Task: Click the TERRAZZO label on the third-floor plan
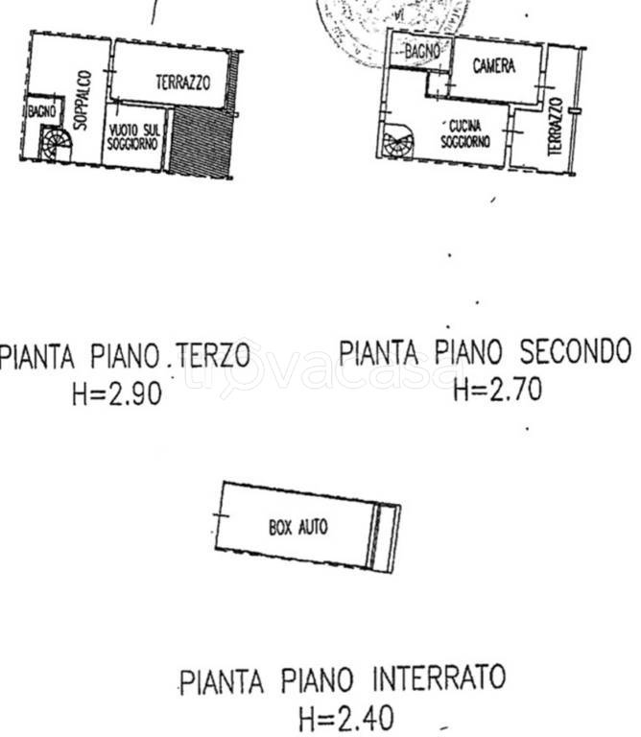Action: pos(182,83)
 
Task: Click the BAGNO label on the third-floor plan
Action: pos(40,110)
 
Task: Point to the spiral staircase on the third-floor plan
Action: pos(55,145)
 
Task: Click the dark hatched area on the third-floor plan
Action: pos(201,140)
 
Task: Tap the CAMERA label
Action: pos(494,66)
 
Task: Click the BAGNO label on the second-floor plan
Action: pos(421,53)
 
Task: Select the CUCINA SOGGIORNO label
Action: pos(465,134)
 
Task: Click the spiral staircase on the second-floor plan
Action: pos(395,145)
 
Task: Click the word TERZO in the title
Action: pos(213,356)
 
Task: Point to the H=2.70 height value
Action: pos(496,389)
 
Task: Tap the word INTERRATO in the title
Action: pos(438,678)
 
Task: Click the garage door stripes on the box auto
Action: pos(385,536)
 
